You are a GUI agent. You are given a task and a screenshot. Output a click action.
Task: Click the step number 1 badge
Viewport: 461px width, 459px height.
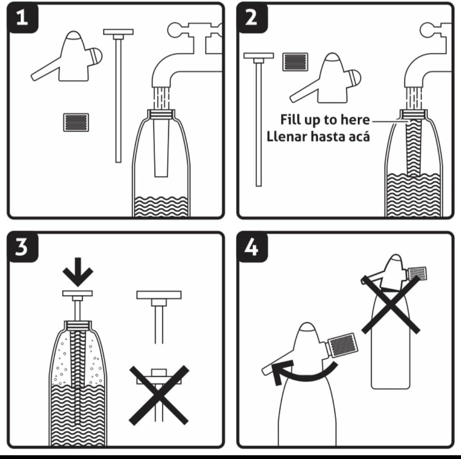pos(22,17)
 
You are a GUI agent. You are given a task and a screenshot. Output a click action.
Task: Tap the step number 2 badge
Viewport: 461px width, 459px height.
pos(252,17)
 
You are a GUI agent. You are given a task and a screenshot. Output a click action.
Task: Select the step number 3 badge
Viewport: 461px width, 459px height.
pos(22,247)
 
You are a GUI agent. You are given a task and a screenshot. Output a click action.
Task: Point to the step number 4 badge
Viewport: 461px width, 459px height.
pos(252,247)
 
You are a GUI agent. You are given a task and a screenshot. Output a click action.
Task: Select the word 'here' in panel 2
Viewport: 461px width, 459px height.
pos(357,119)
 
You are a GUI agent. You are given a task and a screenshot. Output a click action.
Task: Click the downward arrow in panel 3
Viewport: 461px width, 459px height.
pos(78,272)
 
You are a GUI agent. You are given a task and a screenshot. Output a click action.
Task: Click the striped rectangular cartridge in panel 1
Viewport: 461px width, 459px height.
pos(76,122)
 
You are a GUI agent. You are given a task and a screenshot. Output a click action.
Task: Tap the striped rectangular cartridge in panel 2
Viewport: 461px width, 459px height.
pos(295,62)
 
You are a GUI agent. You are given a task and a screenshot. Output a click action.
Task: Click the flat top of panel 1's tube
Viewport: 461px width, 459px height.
pos(118,32)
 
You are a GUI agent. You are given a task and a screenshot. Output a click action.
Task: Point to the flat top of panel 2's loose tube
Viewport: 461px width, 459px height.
pos(259,56)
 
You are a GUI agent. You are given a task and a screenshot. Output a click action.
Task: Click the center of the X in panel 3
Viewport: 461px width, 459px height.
pos(159,395)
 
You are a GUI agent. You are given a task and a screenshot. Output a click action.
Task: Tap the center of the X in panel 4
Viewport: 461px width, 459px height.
pos(391,305)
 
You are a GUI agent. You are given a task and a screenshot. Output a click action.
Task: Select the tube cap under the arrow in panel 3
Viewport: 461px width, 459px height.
pos(77,293)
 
